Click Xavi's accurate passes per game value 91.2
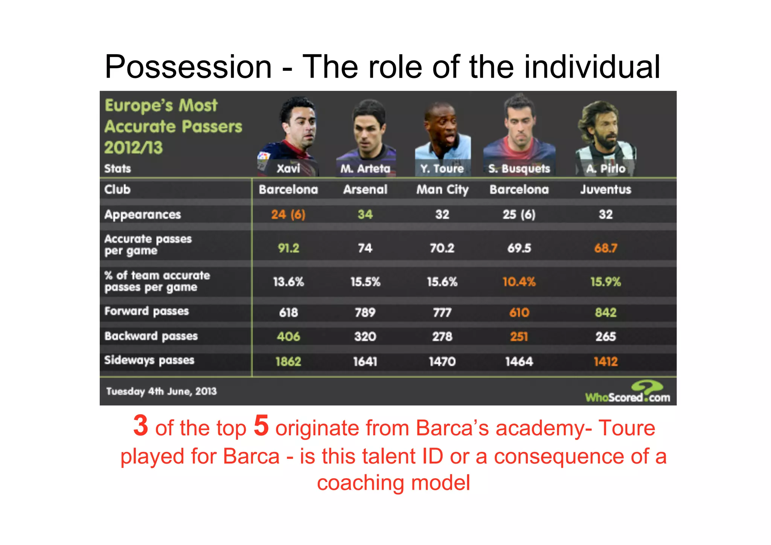[x=288, y=248]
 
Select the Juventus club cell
[x=605, y=189]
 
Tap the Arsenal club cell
[x=365, y=189]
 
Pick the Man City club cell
[x=442, y=189]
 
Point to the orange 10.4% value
[x=519, y=282]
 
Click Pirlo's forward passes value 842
[x=605, y=312]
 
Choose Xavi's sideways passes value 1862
[x=288, y=362]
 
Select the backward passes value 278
[x=442, y=336]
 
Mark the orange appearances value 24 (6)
[x=288, y=214]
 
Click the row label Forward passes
[x=146, y=311]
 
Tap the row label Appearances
[x=143, y=214]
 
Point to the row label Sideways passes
[x=149, y=360]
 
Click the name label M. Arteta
[x=365, y=168]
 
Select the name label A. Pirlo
[x=605, y=168]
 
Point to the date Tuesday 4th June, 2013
[x=162, y=391]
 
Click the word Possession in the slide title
[x=188, y=67]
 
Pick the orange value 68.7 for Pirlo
[x=605, y=248]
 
